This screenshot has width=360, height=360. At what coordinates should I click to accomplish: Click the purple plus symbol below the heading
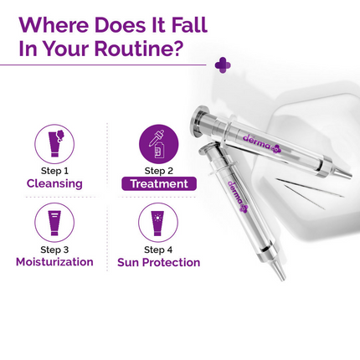click(x=223, y=64)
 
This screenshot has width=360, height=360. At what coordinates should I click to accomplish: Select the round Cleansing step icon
click(x=54, y=144)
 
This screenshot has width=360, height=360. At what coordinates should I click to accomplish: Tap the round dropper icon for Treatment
click(x=158, y=144)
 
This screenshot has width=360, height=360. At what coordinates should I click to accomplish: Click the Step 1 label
click(x=54, y=171)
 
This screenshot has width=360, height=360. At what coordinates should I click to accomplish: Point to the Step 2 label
click(x=158, y=171)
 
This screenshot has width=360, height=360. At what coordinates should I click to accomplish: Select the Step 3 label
click(x=54, y=249)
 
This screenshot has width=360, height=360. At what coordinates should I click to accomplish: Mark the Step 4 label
click(x=158, y=249)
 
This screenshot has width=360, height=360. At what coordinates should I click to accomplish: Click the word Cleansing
click(x=54, y=183)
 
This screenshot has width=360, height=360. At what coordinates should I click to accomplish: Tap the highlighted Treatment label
click(x=158, y=183)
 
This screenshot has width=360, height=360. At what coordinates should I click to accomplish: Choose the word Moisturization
click(x=54, y=262)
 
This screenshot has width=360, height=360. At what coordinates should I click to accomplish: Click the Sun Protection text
click(x=158, y=262)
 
